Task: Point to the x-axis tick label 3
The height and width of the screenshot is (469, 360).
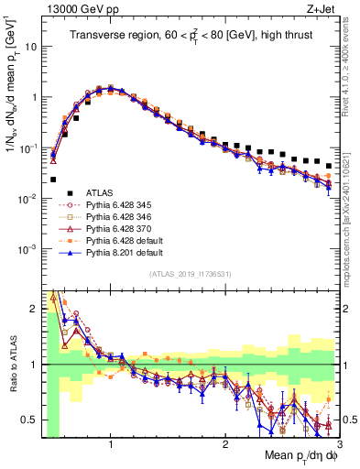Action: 338,442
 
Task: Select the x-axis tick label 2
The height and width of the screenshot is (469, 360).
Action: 225,442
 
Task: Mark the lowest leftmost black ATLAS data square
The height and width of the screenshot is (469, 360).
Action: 53,180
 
